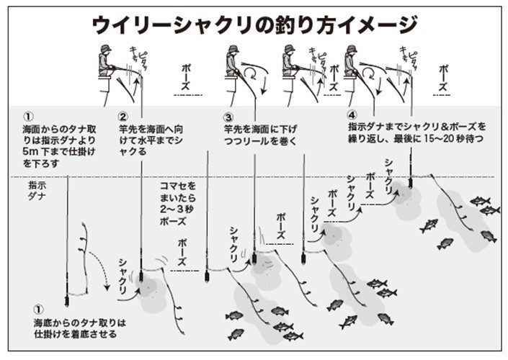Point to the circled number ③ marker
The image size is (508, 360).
point(228,117)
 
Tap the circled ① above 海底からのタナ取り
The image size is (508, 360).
point(39,310)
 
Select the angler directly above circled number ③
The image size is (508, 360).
point(232,61)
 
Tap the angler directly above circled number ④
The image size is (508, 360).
point(351,61)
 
